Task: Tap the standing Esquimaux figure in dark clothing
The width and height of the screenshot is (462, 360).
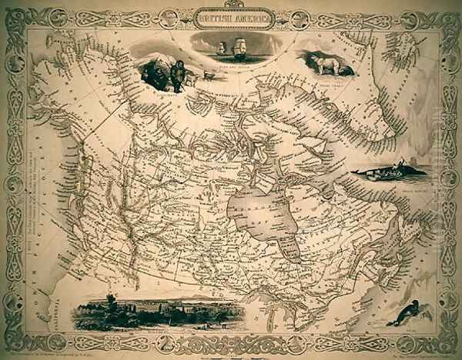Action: point(177,73)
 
